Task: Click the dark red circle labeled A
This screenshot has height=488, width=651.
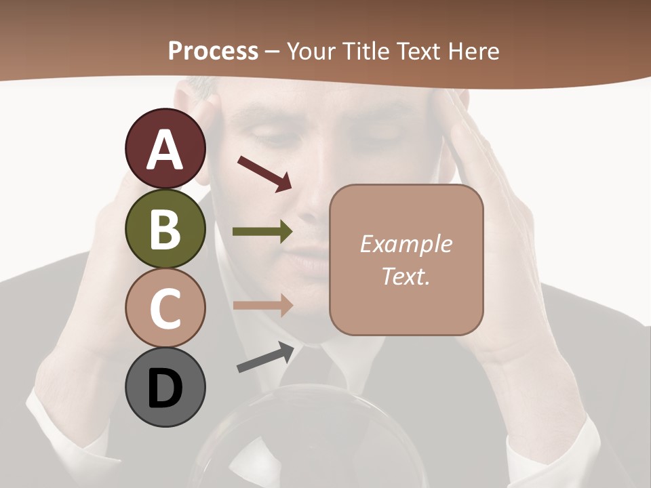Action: [x=165, y=149]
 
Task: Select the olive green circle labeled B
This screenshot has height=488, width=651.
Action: [x=165, y=228]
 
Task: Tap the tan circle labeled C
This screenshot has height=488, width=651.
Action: [x=165, y=308]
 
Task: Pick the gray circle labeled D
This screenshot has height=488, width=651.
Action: [x=165, y=387]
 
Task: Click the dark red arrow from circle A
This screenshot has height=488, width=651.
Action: [x=264, y=174]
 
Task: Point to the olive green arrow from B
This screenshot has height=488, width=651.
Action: [x=262, y=231]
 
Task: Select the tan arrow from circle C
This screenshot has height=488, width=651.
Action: [x=262, y=305]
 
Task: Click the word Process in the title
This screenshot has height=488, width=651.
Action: [x=213, y=51]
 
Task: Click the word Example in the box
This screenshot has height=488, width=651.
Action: [x=406, y=244]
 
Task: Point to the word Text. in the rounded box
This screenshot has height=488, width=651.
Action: [x=406, y=276]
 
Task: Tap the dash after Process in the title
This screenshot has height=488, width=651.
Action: [x=273, y=52]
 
